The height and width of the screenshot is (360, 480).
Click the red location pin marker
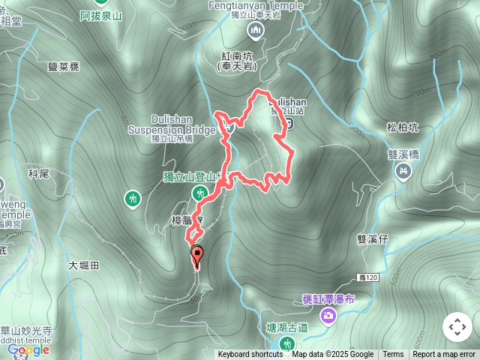pos(197,256)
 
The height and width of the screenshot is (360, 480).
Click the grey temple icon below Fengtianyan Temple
pos(256,30)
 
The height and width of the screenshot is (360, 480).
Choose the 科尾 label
pos(38,173)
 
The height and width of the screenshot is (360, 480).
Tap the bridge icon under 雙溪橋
pos(403,172)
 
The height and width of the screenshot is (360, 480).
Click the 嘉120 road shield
pos(381,277)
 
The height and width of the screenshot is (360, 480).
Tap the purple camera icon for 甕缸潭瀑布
pos(328,316)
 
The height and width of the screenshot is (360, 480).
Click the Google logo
pos(28,349)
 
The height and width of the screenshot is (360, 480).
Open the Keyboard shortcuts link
pos(250,355)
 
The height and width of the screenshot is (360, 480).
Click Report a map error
pos(444,355)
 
